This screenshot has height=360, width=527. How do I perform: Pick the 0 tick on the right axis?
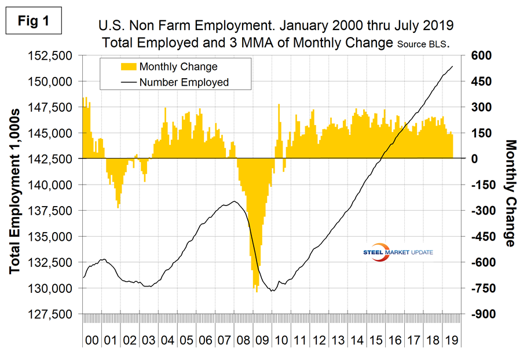(470, 159)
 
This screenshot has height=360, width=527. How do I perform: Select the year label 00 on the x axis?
(92, 340)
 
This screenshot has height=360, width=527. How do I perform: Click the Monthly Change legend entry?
(174, 67)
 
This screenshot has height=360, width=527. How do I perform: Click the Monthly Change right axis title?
(510, 193)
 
